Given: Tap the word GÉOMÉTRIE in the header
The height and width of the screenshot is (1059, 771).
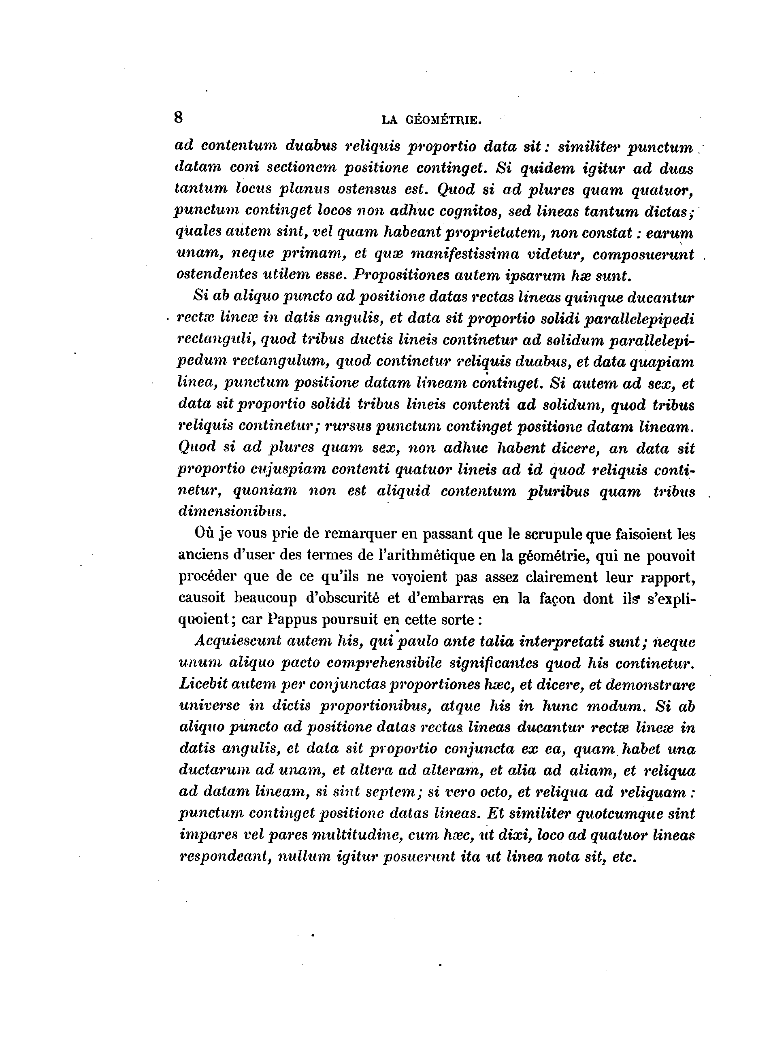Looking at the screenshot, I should tap(443, 121).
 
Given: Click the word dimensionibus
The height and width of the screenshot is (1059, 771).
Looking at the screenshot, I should tap(232, 512).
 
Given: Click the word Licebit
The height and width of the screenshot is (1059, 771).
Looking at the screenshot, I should tap(201, 685).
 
